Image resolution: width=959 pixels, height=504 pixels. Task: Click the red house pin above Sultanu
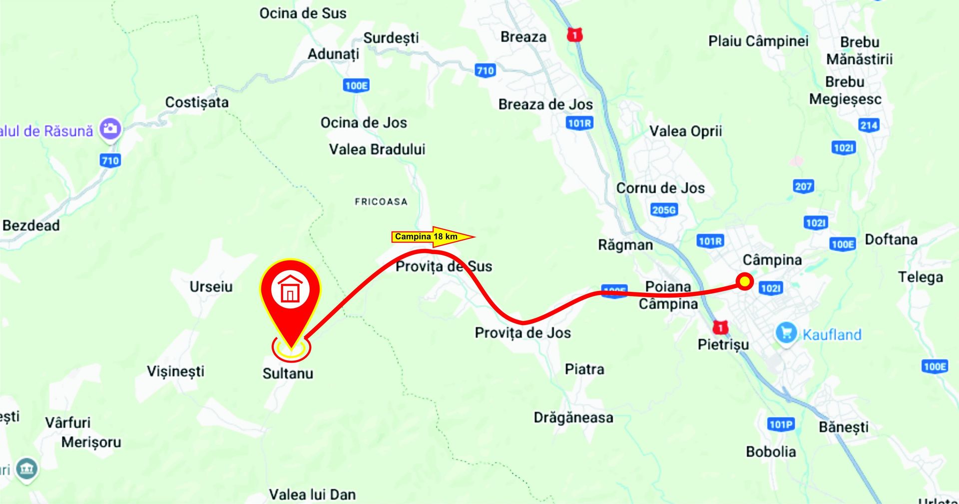(x=290, y=295)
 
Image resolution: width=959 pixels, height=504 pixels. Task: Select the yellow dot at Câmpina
(x=745, y=281)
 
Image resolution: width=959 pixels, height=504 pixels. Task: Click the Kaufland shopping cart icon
(x=786, y=333)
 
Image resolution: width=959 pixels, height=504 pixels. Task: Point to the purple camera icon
(x=110, y=129)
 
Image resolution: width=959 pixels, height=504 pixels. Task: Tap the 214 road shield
(x=869, y=125)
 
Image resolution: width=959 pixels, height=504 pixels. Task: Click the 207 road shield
(x=803, y=186)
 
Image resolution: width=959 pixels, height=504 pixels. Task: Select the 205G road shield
(x=664, y=210)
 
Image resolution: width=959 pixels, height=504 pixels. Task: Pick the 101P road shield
(x=781, y=424)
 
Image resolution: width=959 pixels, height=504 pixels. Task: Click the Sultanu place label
(x=288, y=373)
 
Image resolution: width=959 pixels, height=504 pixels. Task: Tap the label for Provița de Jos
(x=522, y=333)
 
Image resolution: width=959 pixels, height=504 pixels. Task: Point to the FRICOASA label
(x=381, y=201)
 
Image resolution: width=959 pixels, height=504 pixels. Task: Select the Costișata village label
(x=197, y=102)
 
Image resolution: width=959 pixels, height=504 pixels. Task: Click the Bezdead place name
(x=31, y=225)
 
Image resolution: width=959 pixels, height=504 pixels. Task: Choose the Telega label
(x=921, y=277)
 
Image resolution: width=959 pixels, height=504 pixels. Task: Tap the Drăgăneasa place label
(x=573, y=417)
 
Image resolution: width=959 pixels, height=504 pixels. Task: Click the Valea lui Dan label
(x=312, y=494)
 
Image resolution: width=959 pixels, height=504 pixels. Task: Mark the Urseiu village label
(x=211, y=286)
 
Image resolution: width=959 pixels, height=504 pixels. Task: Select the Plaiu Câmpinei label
(x=758, y=41)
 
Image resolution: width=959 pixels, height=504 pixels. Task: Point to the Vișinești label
(x=176, y=371)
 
